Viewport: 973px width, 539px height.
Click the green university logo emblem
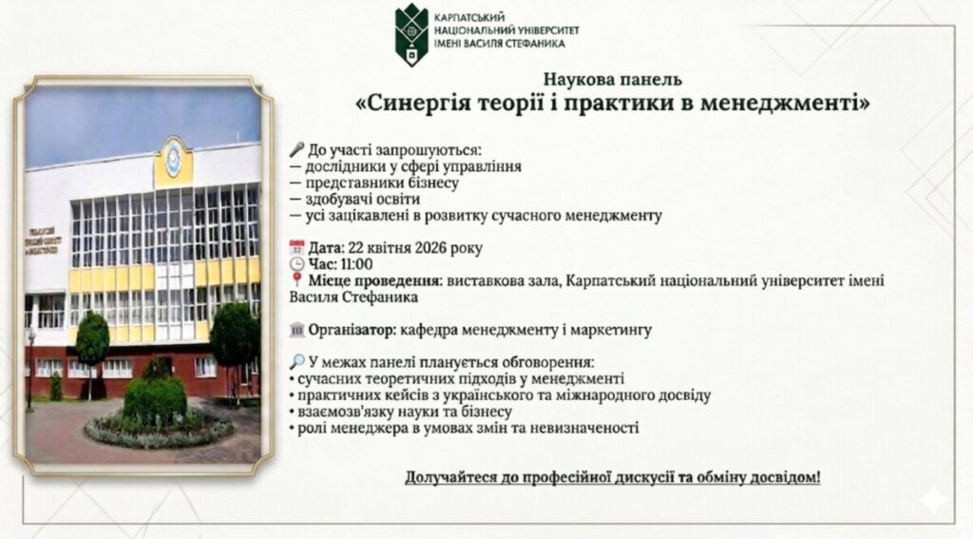[x=410, y=34]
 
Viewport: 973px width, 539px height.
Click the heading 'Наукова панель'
[x=613, y=80]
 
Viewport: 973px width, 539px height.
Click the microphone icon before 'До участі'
[x=297, y=149]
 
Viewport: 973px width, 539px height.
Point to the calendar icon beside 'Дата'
[x=297, y=248]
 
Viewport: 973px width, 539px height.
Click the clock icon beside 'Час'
[x=297, y=264]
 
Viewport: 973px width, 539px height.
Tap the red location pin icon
[x=297, y=279]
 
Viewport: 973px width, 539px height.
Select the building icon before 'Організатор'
[x=297, y=330]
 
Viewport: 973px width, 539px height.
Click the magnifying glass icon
[x=297, y=362]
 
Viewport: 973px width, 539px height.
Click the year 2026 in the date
[x=431, y=248]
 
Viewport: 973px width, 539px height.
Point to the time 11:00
[x=356, y=264]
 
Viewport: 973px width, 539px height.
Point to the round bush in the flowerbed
[x=155, y=399]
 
